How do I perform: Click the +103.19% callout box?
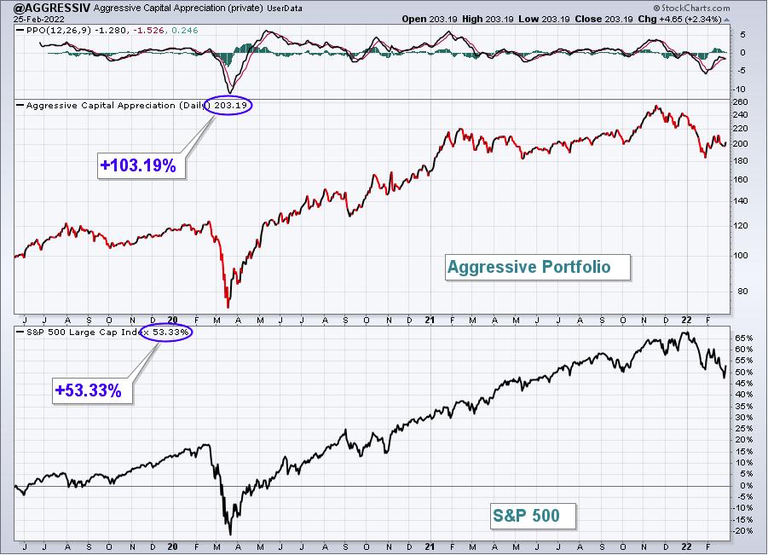pyautogui.click(x=141, y=165)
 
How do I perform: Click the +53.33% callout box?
pyautogui.click(x=92, y=390)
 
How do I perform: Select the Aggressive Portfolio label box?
pyautogui.click(x=537, y=267)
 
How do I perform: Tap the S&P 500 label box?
pyautogui.click(x=533, y=516)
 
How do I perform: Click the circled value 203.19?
pyautogui.click(x=228, y=106)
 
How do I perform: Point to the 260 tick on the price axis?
pyautogui.click(x=741, y=102)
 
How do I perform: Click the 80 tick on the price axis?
pyautogui.click(x=742, y=291)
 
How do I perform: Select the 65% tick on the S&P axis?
pyautogui.click(x=743, y=338)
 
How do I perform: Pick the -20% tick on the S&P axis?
pyautogui.click(x=742, y=531)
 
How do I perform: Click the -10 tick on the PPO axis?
pyautogui.click(x=740, y=90)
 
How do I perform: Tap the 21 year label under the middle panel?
pyautogui.click(x=430, y=320)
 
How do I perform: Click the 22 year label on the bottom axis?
pyautogui.click(x=687, y=546)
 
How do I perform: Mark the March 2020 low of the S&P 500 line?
pyautogui.click(x=230, y=535)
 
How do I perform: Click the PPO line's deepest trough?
pyautogui.click(x=229, y=93)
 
